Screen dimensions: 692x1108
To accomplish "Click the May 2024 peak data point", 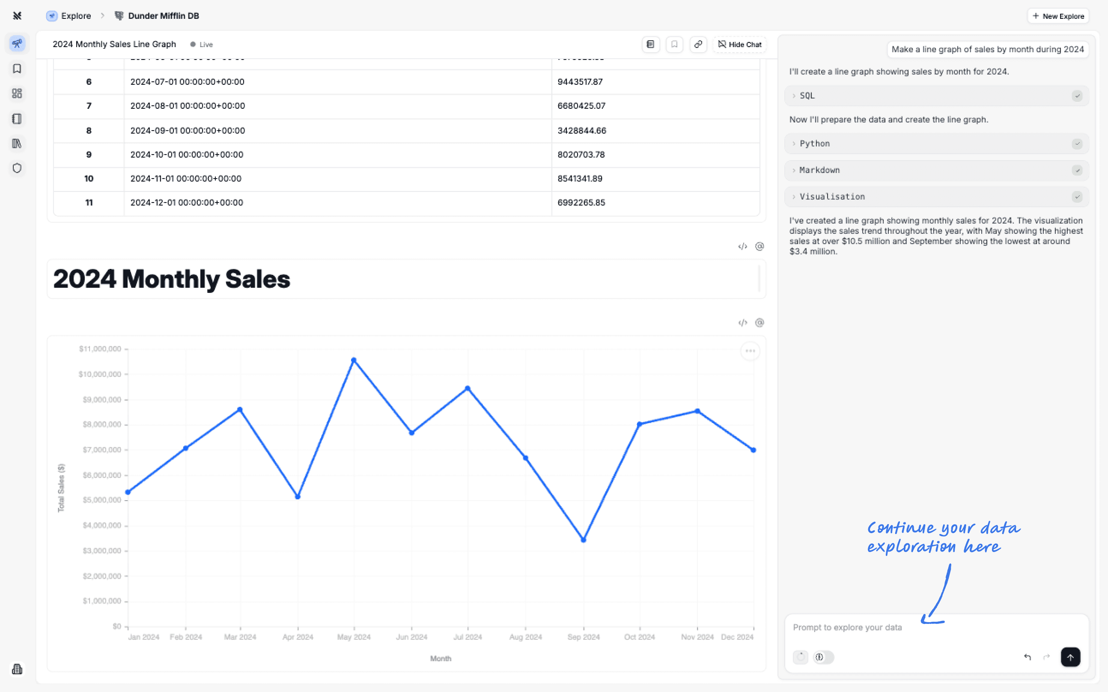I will tap(354, 360).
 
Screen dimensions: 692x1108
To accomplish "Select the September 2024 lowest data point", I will tap(583, 540).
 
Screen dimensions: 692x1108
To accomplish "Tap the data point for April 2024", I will tap(298, 497).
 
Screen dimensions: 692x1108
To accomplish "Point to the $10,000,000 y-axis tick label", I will tap(100, 374).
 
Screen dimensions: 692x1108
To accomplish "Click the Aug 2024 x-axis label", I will tap(525, 637).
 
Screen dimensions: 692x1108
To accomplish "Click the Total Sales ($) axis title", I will tap(61, 487).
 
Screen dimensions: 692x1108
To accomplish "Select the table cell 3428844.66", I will tap(581, 131).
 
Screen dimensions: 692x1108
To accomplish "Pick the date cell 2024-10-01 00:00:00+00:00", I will tap(187, 155).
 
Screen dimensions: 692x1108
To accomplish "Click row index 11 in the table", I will tap(89, 203).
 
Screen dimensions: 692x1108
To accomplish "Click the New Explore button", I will tap(1058, 16).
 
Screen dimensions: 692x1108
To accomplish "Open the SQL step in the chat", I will tap(807, 95).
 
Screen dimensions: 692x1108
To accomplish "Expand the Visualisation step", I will tap(832, 197).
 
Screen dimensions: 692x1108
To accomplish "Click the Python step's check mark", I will tap(1077, 144).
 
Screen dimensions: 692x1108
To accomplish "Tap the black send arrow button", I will tap(1070, 657).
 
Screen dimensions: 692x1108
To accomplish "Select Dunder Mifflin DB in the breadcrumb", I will tap(163, 16).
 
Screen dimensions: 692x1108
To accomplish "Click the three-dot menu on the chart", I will tap(750, 351).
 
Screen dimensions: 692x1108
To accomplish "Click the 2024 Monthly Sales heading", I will tap(172, 279).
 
